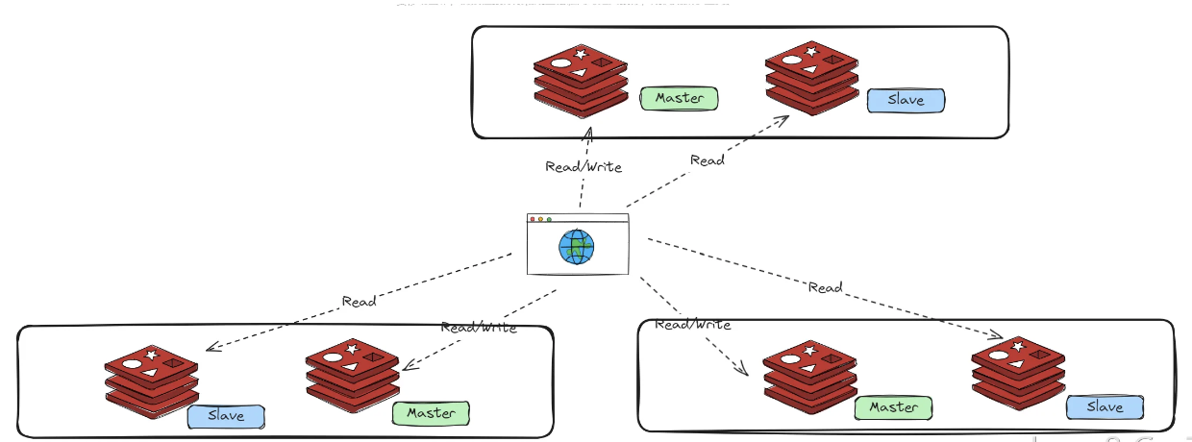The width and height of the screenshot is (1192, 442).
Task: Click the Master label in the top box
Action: (x=680, y=98)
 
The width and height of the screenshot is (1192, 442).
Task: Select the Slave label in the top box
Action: (x=906, y=100)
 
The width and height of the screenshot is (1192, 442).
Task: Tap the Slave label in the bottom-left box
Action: (x=225, y=416)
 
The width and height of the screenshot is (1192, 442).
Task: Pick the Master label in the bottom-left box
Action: (x=431, y=413)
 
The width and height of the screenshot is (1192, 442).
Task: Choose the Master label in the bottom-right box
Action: (x=893, y=407)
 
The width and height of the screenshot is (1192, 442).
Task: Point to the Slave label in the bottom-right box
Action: (x=1105, y=407)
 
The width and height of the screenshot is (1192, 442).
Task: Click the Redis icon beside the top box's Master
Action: (x=581, y=81)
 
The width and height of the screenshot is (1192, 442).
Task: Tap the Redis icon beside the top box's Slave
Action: (x=811, y=79)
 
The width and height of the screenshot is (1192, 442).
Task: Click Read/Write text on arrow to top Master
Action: (x=584, y=167)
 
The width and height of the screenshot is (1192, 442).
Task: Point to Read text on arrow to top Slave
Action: (x=708, y=160)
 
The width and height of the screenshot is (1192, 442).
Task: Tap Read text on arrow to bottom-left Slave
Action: (x=359, y=302)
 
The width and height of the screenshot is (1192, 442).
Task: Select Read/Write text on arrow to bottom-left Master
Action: (x=479, y=328)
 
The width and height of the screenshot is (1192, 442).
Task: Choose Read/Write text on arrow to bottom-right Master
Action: (x=692, y=325)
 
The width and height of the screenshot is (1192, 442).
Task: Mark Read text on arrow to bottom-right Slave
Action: (x=825, y=287)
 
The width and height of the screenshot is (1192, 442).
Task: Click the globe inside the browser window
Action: (x=577, y=247)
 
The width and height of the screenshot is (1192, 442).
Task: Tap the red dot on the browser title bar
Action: (x=533, y=220)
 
